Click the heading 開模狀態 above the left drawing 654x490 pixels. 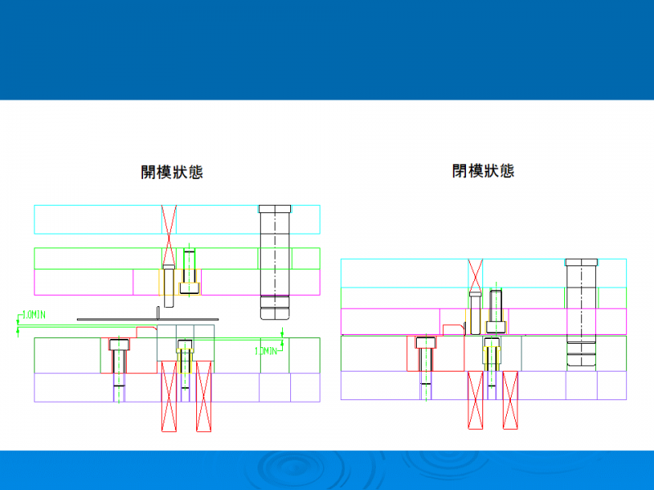click(x=172, y=172)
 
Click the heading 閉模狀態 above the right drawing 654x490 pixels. click(x=483, y=171)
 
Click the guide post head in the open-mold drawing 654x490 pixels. click(x=275, y=208)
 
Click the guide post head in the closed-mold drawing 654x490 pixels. click(x=581, y=262)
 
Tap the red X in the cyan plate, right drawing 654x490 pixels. click(x=475, y=273)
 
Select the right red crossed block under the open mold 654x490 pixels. click(x=204, y=395)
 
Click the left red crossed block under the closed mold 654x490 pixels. click(x=475, y=399)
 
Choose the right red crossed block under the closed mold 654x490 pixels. click(x=510, y=399)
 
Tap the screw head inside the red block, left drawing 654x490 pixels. click(x=119, y=344)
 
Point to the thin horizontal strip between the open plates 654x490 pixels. click(x=147, y=318)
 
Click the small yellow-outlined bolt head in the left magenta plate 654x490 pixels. click(x=190, y=287)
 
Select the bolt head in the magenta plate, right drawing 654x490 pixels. click(x=495, y=326)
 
